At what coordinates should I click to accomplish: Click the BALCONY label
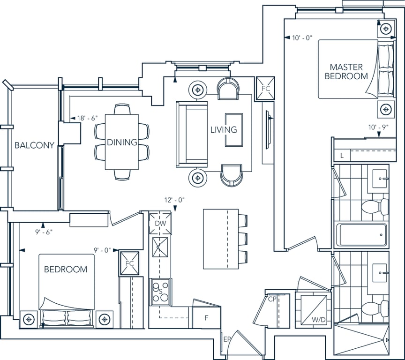pos(34,145)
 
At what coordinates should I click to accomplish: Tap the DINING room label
pos(122,142)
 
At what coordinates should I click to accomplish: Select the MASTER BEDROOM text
pos(346,72)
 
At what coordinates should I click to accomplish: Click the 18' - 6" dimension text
pos(88,118)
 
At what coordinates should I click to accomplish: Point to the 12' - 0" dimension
pos(174,200)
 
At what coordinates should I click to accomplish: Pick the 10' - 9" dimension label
pos(378,127)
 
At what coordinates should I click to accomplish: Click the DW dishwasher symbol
pos(160,223)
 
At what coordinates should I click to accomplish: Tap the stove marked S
pos(160,292)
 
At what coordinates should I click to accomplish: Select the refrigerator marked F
pos(206,318)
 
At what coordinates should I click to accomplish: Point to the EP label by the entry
pos(226,340)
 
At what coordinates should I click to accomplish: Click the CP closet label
pos(272,299)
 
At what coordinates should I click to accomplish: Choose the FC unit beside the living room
pos(265,88)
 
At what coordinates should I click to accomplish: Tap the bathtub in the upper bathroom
pos(361,234)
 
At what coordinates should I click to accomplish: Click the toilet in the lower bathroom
pos(375,308)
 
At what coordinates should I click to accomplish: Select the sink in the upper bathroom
pos(380,179)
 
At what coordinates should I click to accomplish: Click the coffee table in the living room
pos(234,130)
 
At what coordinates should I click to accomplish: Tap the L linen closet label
pos(342,156)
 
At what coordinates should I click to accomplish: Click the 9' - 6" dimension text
pos(44,232)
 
